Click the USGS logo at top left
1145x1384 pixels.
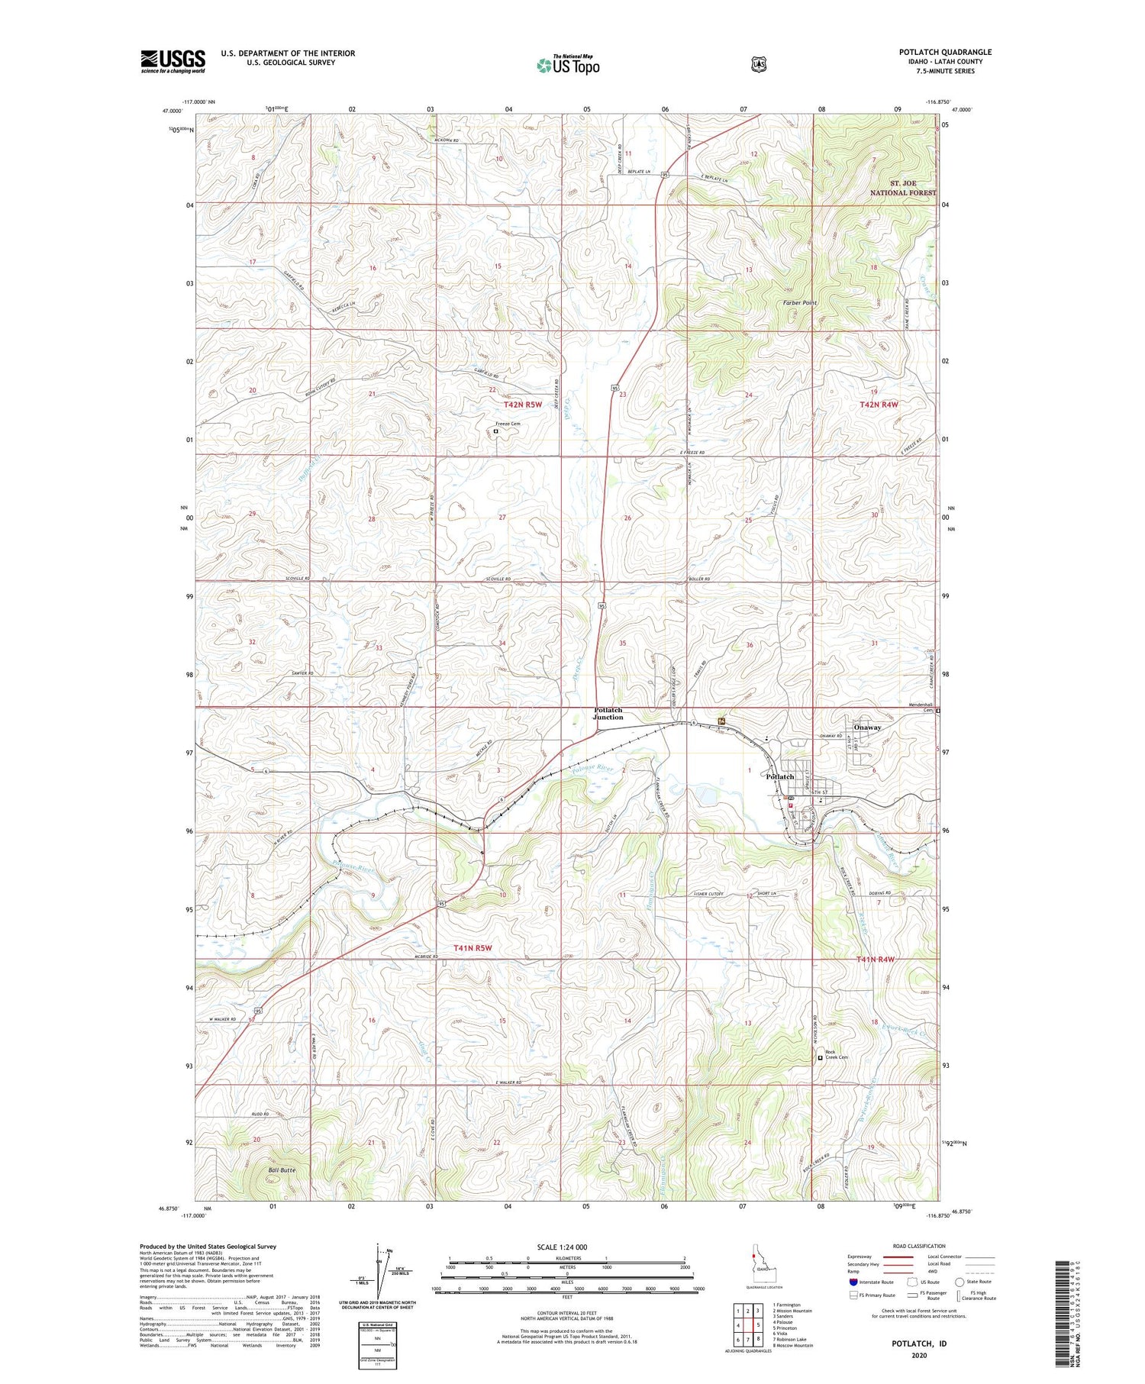coord(173,61)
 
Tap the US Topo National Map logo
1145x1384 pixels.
coord(568,65)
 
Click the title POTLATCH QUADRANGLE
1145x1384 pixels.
coord(945,52)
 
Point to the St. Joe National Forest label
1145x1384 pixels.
coord(903,188)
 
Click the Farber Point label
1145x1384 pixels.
coord(800,303)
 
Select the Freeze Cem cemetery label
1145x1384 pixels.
coord(508,424)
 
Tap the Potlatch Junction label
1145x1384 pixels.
coord(608,714)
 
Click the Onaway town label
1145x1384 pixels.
coord(867,727)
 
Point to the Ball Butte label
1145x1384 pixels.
coord(282,1169)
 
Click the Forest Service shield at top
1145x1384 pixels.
coord(758,65)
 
